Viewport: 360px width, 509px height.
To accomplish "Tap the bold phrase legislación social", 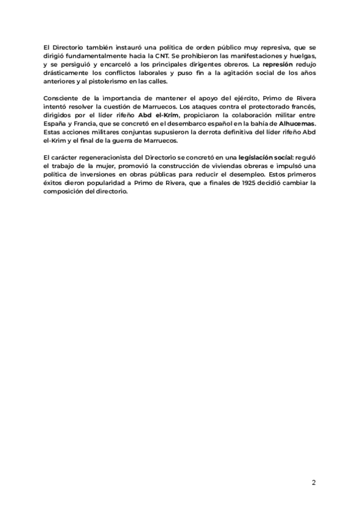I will point(263,157).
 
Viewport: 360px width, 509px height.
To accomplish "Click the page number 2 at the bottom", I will point(313,483).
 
